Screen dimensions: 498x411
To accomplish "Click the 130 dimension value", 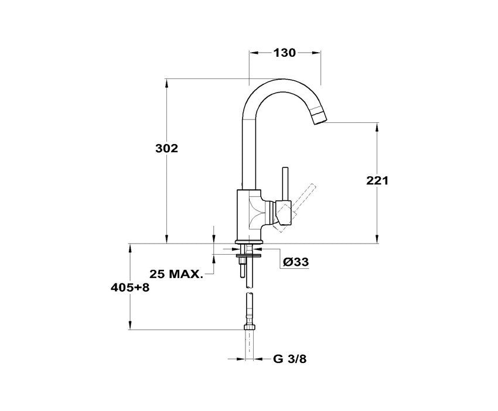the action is click(x=284, y=53).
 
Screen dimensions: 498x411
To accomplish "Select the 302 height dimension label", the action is click(x=166, y=148).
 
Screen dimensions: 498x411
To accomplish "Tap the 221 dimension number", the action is click(x=377, y=180).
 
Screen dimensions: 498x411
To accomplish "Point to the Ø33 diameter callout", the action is click(x=296, y=262).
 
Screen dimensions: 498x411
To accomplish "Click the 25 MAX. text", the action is click(x=176, y=274).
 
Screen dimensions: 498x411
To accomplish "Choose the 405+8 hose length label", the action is click(x=130, y=288).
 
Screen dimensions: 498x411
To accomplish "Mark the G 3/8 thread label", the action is click(x=290, y=359).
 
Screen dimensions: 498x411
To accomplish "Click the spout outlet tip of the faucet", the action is click(x=319, y=118).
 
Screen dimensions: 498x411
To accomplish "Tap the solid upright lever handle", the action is click(x=285, y=184).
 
